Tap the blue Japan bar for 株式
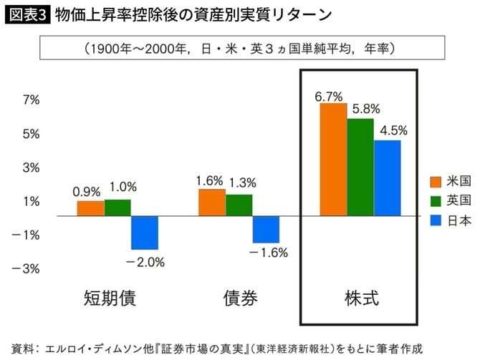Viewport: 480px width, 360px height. (x=388, y=177)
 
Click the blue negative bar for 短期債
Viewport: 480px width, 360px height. (x=144, y=232)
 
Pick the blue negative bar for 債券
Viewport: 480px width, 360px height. (x=266, y=229)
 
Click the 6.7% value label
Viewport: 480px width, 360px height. (x=328, y=96)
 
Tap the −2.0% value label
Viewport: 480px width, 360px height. (x=145, y=262)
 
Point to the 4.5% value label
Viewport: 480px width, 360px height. (x=394, y=130)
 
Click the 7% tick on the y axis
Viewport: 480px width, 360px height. (x=31, y=100)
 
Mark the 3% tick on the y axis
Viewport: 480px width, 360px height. (x=31, y=167)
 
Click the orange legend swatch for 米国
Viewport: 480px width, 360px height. (x=435, y=180)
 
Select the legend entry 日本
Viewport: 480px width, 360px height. (x=459, y=220)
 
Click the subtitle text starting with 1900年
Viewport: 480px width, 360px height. (x=240, y=49)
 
